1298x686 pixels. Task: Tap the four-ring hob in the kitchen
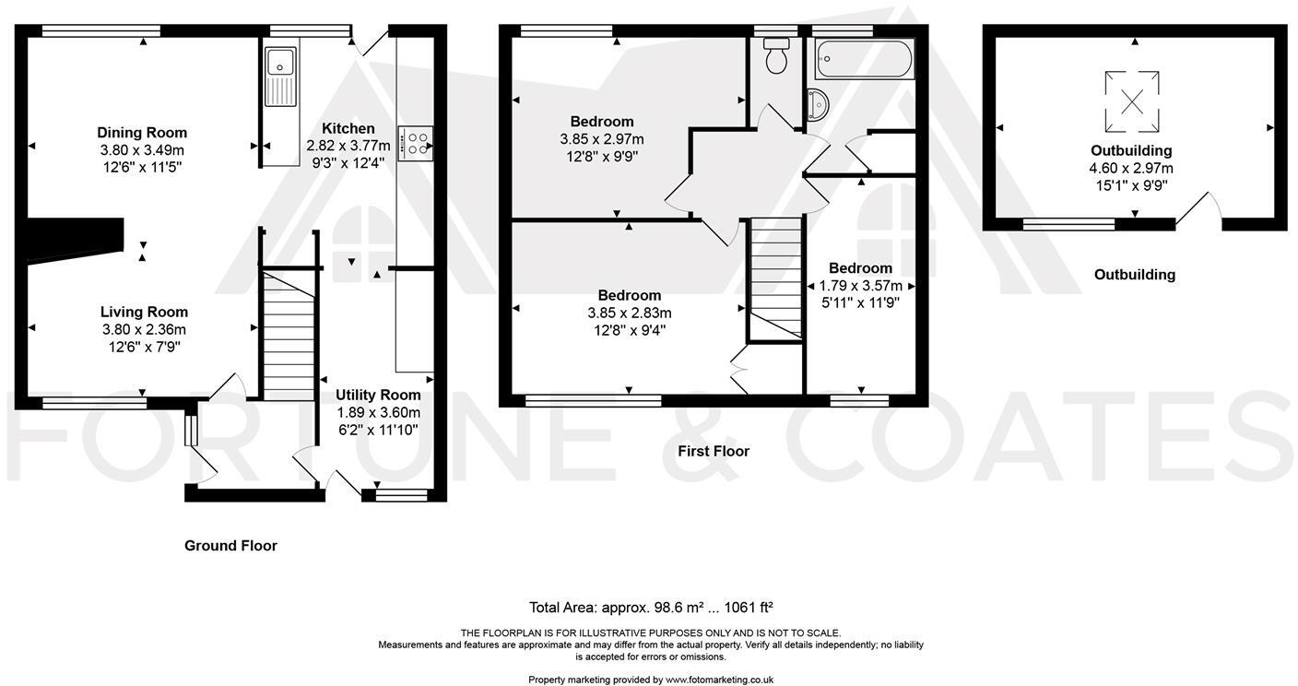(416, 144)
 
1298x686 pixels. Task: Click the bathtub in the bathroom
(865, 59)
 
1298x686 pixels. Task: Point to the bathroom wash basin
(818, 105)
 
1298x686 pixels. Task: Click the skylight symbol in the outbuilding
(1131, 102)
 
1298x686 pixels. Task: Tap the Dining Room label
(142, 133)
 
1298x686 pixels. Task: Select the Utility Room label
(378, 396)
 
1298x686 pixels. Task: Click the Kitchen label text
(348, 129)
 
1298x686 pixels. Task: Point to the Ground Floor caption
(230, 546)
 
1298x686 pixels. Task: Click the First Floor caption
(713, 452)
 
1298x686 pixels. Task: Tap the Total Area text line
(650, 608)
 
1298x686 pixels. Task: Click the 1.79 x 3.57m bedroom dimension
(860, 286)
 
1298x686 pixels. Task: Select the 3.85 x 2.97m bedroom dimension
(601, 139)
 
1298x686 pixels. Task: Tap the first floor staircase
(774, 277)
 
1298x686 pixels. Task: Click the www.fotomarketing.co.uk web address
(719, 680)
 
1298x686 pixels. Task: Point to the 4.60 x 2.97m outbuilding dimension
(1131, 169)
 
